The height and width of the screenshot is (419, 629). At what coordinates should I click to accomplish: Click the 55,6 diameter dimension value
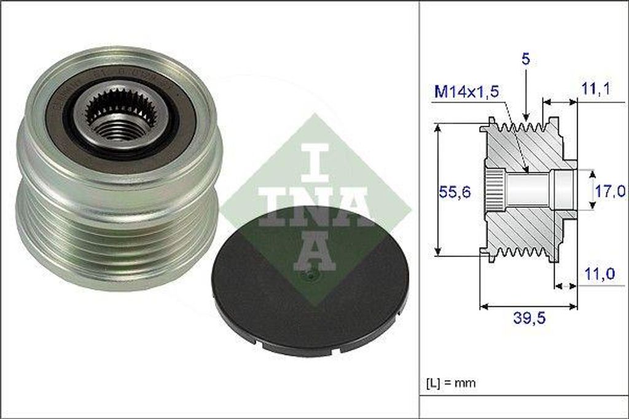[456, 192]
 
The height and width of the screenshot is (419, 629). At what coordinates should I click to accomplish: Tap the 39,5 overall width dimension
[528, 318]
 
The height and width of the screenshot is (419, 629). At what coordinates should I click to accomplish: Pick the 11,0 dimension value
[598, 274]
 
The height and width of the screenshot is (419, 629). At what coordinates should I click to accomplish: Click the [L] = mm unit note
[451, 383]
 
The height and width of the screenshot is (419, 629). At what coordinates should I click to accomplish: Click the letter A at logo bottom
[314, 252]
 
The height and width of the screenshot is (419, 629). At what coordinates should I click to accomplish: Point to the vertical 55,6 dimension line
[438, 190]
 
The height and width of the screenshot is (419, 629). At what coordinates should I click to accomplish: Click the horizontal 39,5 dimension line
[528, 305]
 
